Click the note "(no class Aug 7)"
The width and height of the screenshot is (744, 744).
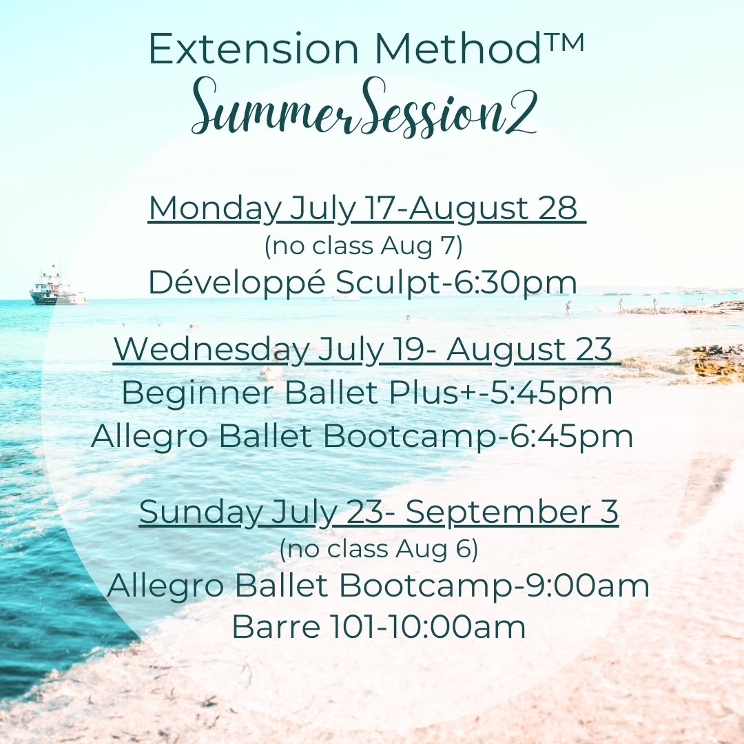(x=363, y=246)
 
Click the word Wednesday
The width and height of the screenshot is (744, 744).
(x=211, y=349)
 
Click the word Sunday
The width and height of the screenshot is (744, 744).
(x=200, y=512)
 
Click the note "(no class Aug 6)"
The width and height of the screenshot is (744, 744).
(x=378, y=549)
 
